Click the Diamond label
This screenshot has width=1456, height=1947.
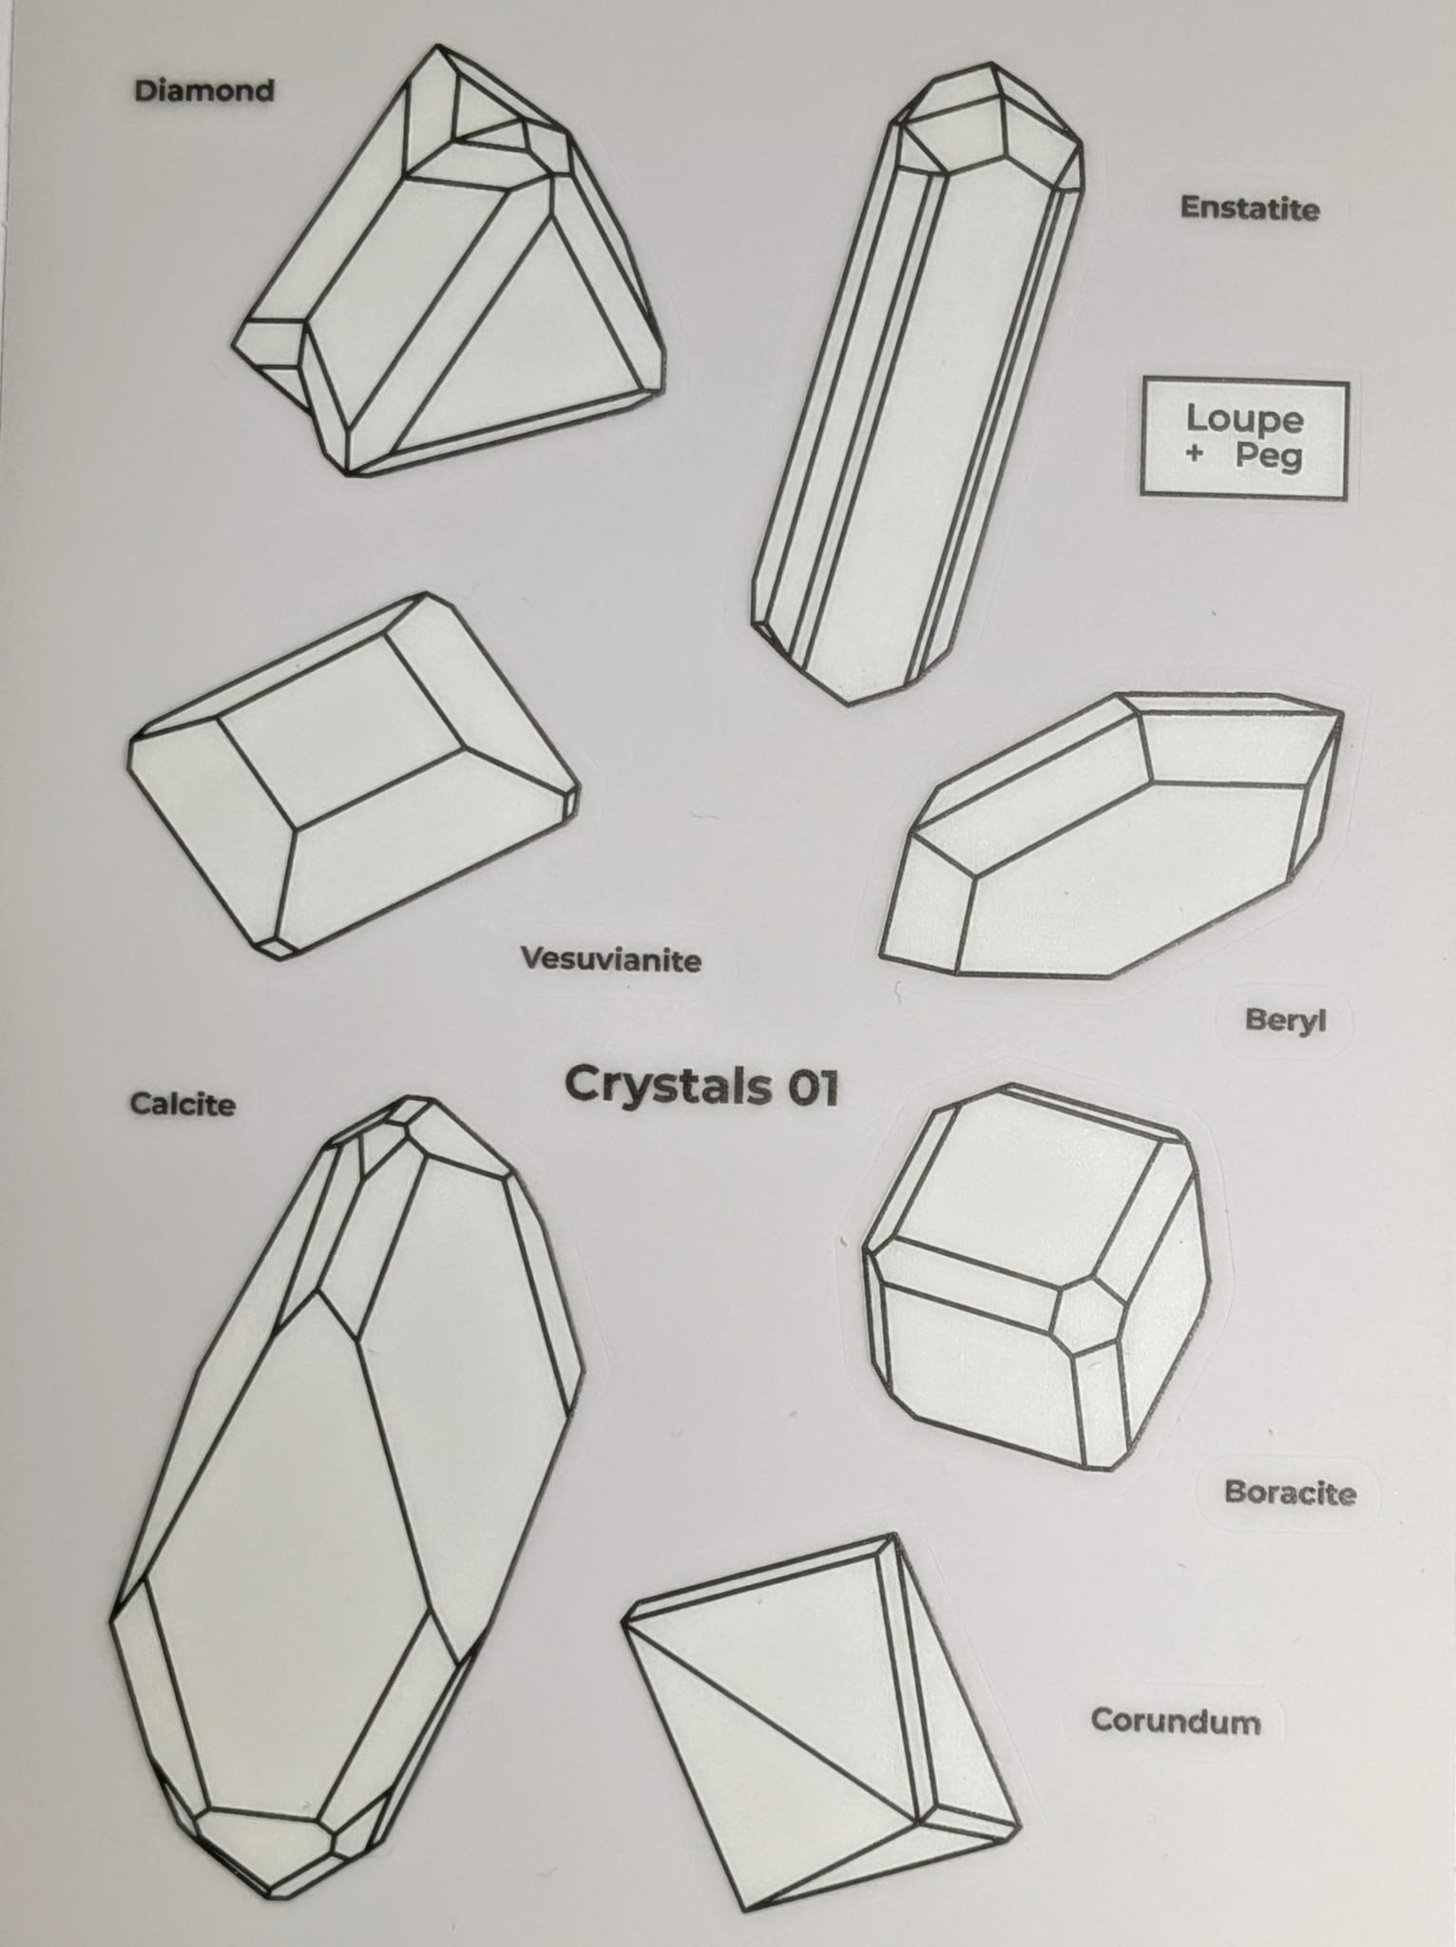(x=204, y=91)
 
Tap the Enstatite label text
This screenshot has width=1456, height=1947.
(x=1250, y=208)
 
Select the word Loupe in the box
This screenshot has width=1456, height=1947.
(x=1244, y=418)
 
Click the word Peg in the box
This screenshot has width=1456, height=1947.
(x=1269, y=457)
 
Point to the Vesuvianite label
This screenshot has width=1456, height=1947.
(x=611, y=959)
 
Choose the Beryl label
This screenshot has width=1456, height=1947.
(x=1285, y=1021)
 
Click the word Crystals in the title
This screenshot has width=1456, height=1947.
(x=666, y=1086)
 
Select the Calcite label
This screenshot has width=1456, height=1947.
(x=182, y=1105)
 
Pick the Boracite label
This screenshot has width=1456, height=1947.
(x=1289, y=1493)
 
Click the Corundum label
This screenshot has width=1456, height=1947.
(x=1175, y=1721)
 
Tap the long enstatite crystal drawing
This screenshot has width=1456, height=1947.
(x=912, y=399)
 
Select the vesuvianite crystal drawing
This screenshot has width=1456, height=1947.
(x=352, y=780)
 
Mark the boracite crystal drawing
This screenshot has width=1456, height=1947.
(x=1036, y=1331)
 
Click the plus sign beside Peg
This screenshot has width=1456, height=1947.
(x=1195, y=454)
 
